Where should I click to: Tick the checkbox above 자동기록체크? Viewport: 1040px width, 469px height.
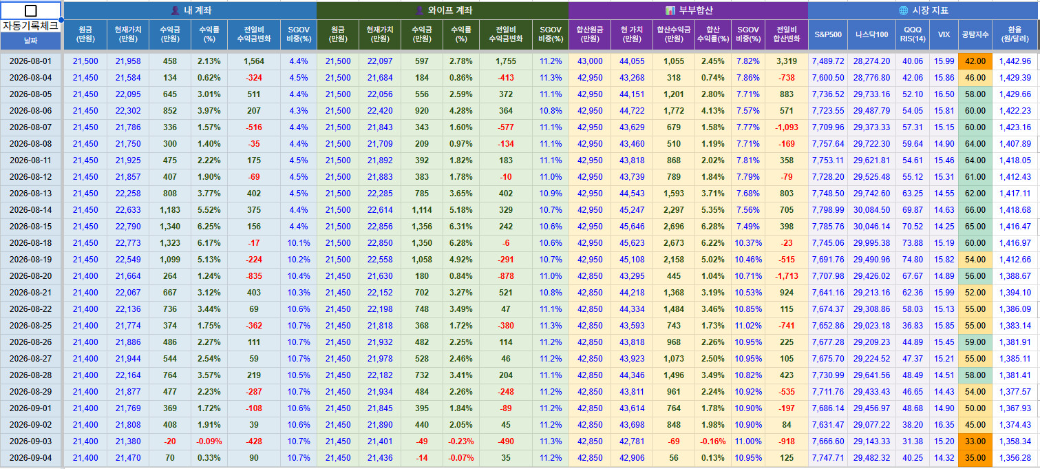[31, 11]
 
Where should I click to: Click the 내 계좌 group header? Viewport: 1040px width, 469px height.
[191, 10]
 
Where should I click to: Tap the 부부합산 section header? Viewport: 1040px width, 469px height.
[688, 10]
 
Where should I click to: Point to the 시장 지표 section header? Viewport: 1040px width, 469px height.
[923, 10]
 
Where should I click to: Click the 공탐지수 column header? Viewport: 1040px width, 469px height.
[975, 34]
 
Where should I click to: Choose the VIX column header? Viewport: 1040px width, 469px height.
[944, 34]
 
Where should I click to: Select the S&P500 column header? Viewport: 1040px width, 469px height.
[828, 34]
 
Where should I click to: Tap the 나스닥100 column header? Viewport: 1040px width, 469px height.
[871, 34]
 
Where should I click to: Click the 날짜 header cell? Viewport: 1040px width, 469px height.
[31, 41]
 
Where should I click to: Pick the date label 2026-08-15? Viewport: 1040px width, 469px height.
[31, 227]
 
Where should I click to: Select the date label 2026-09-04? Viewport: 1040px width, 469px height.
[31, 458]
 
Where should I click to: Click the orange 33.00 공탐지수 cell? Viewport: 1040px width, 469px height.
[975, 441]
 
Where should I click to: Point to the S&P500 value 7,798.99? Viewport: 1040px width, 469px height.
[828, 210]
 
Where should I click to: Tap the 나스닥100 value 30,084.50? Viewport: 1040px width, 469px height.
[871, 210]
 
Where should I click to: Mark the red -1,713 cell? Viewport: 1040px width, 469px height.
[787, 276]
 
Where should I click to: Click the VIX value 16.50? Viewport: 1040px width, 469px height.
[944, 94]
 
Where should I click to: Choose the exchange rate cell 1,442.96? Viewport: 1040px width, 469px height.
[1015, 61]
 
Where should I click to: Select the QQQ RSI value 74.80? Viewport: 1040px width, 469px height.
[912, 260]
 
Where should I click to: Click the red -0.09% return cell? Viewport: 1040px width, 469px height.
[209, 441]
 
